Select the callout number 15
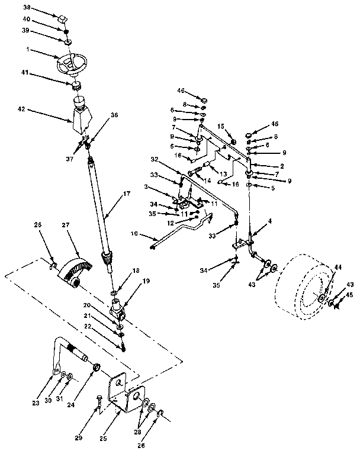click(221, 126)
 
